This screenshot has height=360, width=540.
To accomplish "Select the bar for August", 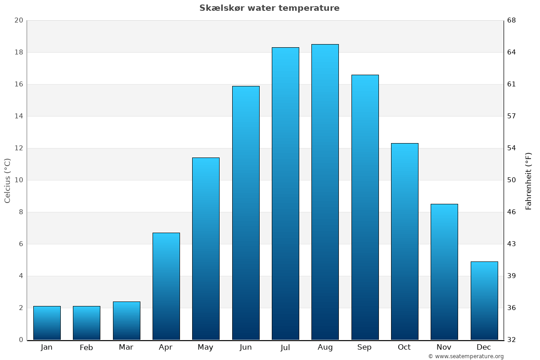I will click(325, 192).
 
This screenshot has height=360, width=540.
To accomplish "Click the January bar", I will click(47, 323).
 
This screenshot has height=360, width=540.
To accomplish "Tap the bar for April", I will click(166, 286).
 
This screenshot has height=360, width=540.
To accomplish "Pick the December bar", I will click(484, 301).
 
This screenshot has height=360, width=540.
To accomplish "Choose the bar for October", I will click(405, 242).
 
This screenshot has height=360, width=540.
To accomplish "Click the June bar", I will click(246, 213).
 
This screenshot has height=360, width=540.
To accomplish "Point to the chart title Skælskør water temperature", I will click(270, 8).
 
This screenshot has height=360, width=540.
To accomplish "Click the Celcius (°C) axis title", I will click(7, 180).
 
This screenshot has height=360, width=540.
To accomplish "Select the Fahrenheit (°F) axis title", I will click(529, 180).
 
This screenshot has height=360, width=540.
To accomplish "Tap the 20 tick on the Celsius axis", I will click(18, 21).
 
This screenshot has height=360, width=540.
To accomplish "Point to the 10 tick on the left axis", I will click(18, 180).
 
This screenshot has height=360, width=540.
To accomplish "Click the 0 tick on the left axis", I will click(21, 340).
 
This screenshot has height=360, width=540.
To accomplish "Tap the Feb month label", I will click(86, 347).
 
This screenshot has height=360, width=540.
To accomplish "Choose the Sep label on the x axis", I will click(364, 347).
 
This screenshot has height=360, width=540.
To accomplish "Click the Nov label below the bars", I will click(444, 347).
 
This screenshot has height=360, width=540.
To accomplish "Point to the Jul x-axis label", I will click(285, 347).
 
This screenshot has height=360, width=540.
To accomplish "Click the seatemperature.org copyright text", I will click(466, 356).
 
